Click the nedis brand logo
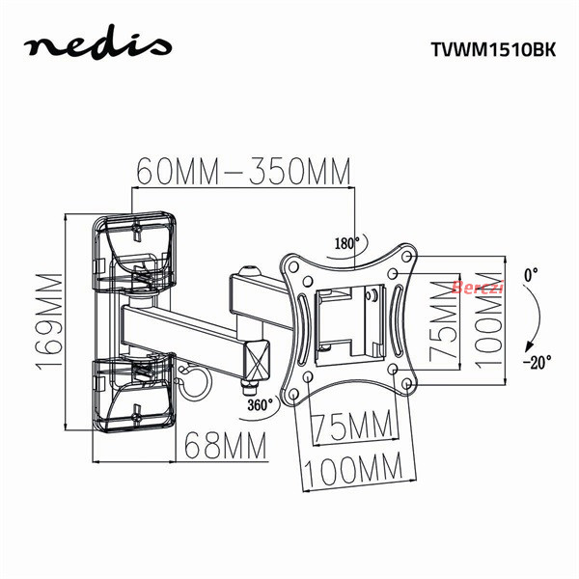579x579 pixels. pos(97,43)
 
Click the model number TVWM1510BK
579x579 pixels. pos(493,49)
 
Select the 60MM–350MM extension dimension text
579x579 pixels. pos(243,172)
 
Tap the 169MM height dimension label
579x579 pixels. pos(49,321)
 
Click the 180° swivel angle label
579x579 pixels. pos(346,243)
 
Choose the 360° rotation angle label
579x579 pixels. pos(260,404)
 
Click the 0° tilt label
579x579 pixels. pos(531,275)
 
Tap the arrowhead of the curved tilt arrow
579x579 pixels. pos(529,347)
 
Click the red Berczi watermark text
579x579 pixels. pos(478,287)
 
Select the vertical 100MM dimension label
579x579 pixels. pos(488,320)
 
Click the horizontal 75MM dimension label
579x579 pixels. pos(352,426)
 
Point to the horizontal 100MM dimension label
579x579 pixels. pos(353,469)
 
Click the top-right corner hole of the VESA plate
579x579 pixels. pos(406,256)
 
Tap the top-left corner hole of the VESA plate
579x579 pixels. pos(294,266)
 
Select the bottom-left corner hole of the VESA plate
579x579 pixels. pos(293,394)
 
